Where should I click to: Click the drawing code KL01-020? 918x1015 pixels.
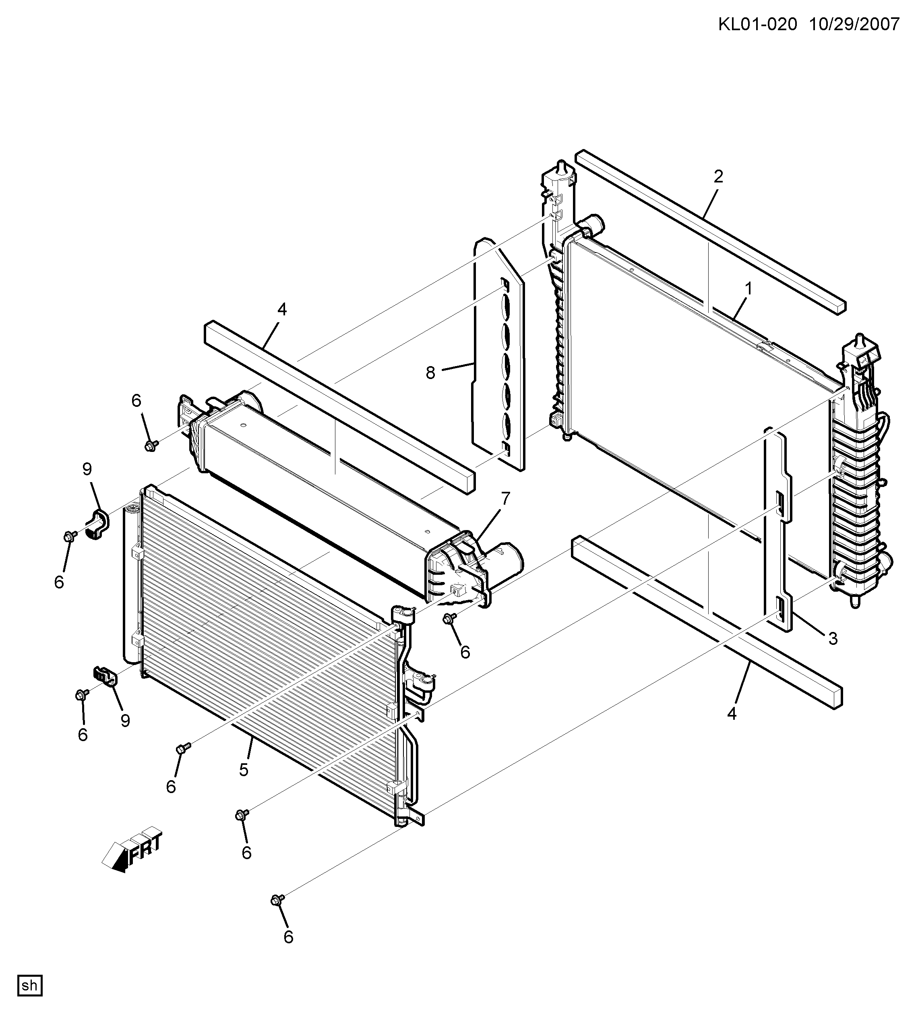click(x=757, y=24)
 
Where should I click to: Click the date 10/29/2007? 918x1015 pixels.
click(x=854, y=24)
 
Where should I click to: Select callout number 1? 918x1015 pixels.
click(x=748, y=289)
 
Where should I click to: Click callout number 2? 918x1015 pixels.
click(x=718, y=177)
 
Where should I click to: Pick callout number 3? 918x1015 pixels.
click(x=833, y=638)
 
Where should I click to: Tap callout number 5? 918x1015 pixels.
click(x=244, y=769)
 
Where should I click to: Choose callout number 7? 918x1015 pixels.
click(x=505, y=499)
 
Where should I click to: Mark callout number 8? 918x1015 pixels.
click(x=430, y=373)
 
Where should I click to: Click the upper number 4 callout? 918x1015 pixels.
click(x=282, y=310)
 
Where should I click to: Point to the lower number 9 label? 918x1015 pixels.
click(x=125, y=721)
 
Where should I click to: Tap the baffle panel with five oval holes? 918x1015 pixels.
click(x=499, y=354)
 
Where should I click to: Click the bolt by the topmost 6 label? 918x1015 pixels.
click(x=151, y=445)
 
